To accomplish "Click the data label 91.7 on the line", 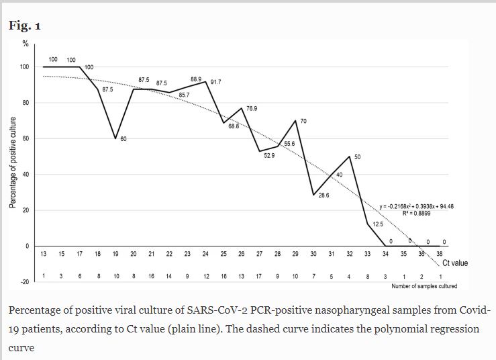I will pos(216,82).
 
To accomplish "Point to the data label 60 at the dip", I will pos(124,139).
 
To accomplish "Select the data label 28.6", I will pos(324,195).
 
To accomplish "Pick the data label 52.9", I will pos(269,155).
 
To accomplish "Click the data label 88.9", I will pos(196,79).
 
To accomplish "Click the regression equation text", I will pos(417,206).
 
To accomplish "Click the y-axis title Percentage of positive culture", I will pos(13,162).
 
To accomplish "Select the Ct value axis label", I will pos(454,263).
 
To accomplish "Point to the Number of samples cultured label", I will pos(424,286).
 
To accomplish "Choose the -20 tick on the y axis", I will pos(24,282).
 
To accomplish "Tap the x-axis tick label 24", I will pos(205,254).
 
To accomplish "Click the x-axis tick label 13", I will pos(44,254).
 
